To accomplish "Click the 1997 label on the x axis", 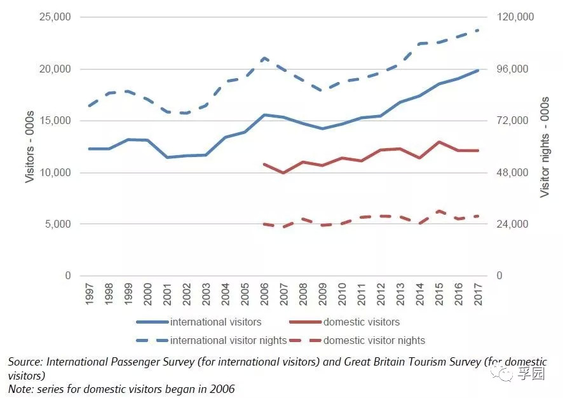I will point(90,294).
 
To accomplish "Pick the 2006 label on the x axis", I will point(265,294).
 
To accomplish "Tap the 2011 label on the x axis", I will point(362,294).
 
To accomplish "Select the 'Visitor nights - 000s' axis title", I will point(545,146).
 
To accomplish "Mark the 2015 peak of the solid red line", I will point(439,142).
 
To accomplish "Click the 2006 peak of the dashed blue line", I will point(264,58).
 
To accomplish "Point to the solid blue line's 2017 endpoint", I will point(478,70).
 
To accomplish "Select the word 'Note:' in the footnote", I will point(20,388).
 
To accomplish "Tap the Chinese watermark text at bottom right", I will point(531,374).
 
